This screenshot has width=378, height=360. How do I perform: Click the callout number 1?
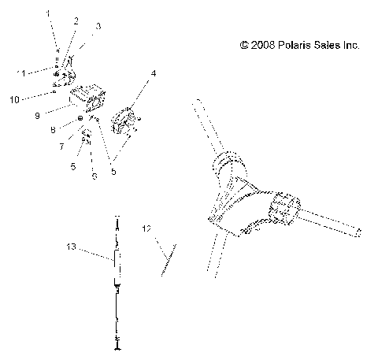tap(47, 13)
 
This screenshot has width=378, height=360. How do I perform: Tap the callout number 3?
tap(97, 27)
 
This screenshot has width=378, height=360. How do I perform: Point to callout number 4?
tap(153, 74)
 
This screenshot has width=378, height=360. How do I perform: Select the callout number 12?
tap(146, 228)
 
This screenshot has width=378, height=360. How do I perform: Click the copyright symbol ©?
tap(244, 46)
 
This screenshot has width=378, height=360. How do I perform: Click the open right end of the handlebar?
tap(358, 232)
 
